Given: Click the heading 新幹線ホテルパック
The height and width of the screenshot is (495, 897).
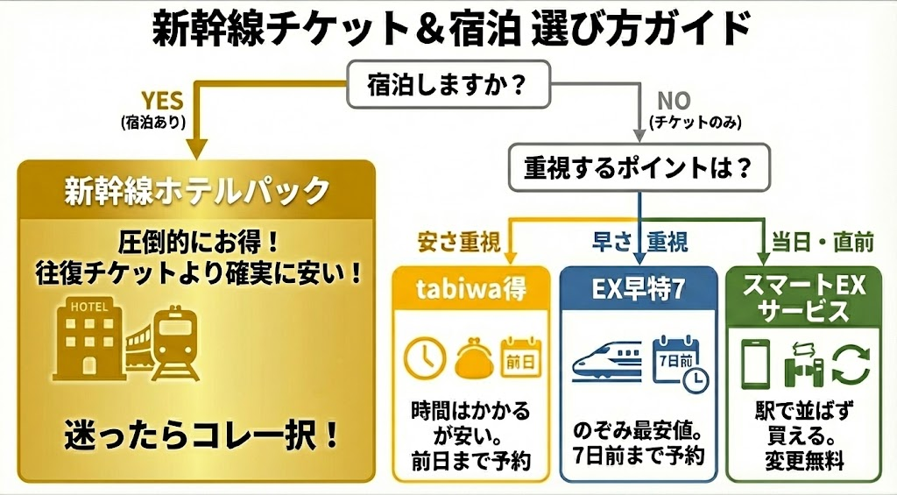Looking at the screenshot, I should click(x=197, y=190).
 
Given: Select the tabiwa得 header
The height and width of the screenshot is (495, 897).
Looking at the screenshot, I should click(x=471, y=291).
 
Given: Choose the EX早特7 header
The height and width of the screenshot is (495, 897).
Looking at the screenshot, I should click(x=641, y=291).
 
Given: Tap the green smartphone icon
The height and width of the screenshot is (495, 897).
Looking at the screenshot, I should click(x=755, y=361).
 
